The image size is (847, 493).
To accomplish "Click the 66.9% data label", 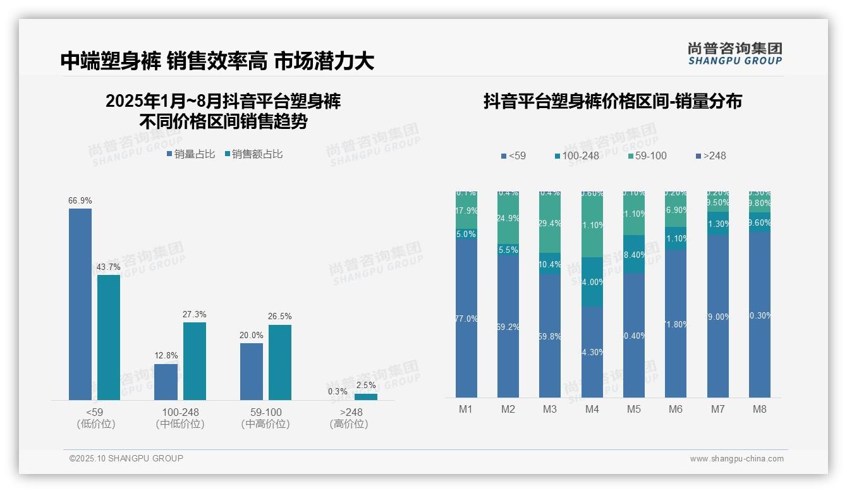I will click(x=80, y=200).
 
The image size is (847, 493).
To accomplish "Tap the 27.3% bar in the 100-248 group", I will click(x=195, y=361).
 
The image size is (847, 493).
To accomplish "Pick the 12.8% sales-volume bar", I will click(x=166, y=382).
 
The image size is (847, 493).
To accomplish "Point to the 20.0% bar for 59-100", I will click(x=252, y=371).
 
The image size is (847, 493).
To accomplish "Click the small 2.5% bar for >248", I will click(x=365, y=397).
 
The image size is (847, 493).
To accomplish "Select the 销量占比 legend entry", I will click(x=191, y=154).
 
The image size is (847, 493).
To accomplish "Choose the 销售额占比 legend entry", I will click(x=253, y=154).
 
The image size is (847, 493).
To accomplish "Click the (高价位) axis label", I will click(x=348, y=424).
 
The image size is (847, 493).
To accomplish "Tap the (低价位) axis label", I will click(x=95, y=424).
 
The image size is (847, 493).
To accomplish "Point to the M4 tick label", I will click(x=592, y=409).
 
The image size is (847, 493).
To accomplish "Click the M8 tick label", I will click(x=759, y=409).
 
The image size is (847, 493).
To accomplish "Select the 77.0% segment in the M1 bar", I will click(x=466, y=319).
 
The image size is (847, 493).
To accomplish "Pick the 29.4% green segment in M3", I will click(x=550, y=223).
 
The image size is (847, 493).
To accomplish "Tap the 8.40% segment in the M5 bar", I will click(x=634, y=255).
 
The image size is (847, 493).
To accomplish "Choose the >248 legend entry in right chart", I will click(x=710, y=156).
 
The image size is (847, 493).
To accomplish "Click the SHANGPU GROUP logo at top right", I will click(x=734, y=53).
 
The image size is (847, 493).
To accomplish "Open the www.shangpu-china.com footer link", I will click(x=736, y=459).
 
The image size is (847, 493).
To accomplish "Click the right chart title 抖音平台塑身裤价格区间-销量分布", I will click(x=612, y=101).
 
